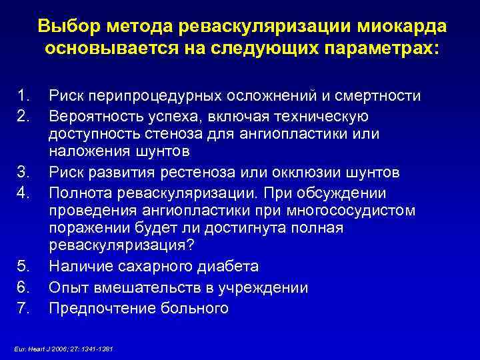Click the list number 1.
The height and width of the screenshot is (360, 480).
click(23, 96)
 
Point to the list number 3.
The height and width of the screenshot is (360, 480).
click(23, 173)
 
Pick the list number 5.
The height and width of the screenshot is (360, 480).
click(23, 267)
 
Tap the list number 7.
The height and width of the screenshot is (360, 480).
click(23, 308)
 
